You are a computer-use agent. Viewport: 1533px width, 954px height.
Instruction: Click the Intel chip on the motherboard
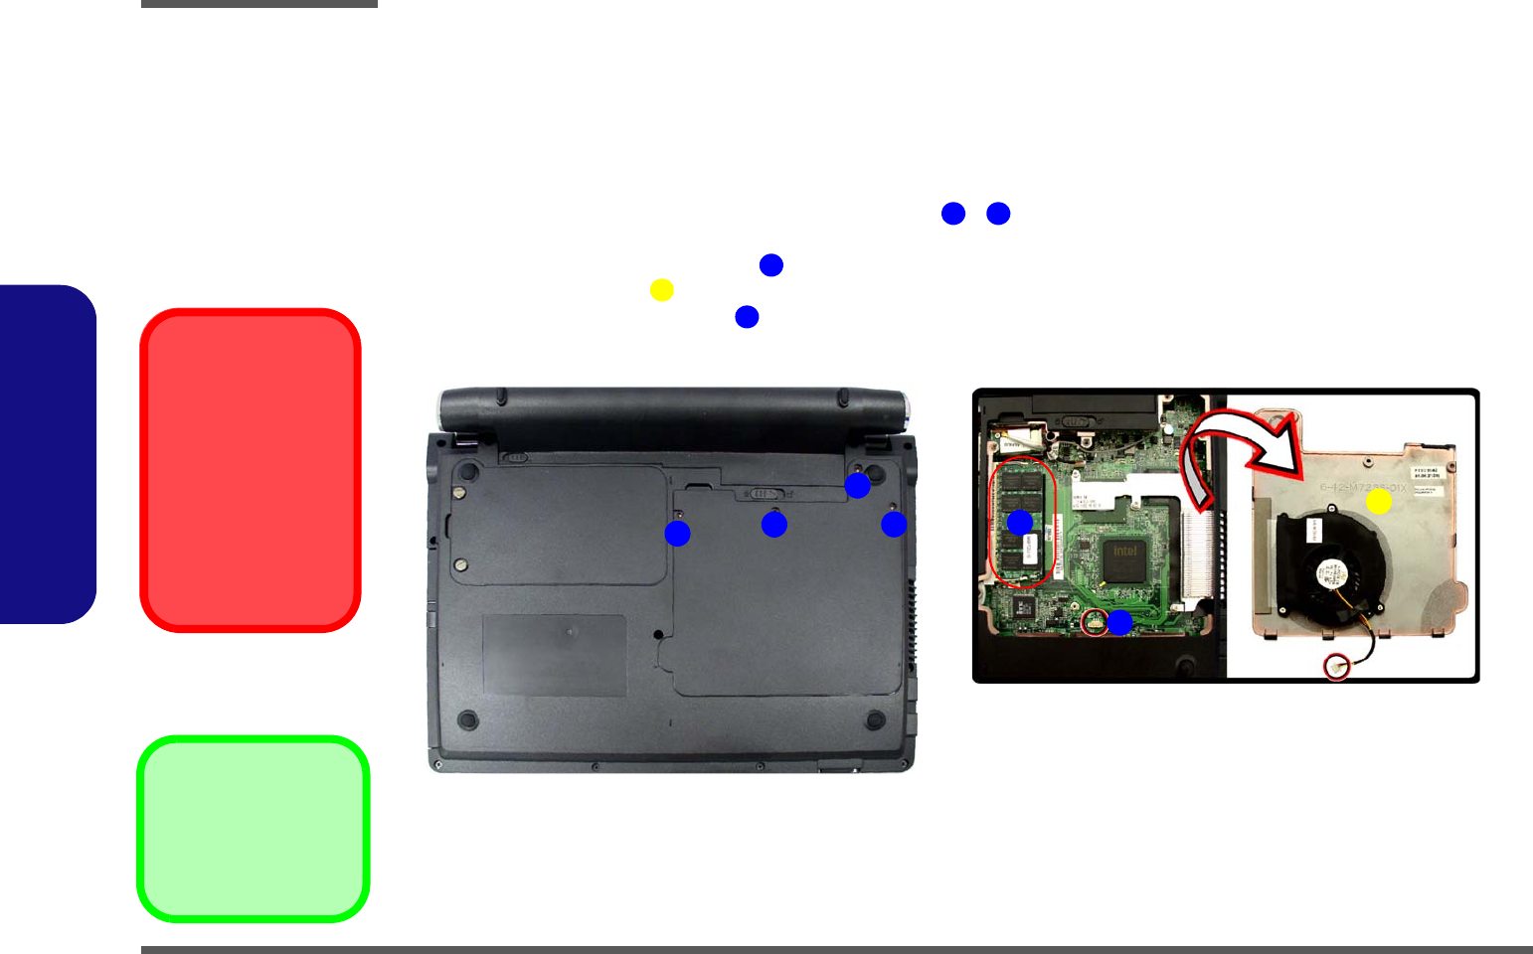[x=1124, y=560]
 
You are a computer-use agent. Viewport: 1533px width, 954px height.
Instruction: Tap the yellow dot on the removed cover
[x=1378, y=502]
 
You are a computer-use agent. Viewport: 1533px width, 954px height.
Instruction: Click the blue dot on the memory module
[x=1020, y=523]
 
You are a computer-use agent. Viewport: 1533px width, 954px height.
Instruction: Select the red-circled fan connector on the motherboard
[x=1094, y=623]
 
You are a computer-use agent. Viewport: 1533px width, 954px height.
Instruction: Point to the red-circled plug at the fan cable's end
[x=1336, y=666]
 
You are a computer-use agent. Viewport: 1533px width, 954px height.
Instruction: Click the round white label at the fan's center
[x=1332, y=575]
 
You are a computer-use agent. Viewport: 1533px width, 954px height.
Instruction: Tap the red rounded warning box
[x=251, y=470]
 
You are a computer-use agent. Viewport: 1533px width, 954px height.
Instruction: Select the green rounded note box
[x=254, y=829]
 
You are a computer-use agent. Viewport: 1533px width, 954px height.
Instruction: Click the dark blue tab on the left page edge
[x=48, y=454]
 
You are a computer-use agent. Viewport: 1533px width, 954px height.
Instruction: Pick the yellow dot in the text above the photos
[x=662, y=290]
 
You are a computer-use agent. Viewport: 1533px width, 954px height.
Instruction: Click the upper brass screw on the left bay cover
[x=458, y=490]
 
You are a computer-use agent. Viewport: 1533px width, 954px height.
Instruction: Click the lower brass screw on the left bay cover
[x=460, y=564]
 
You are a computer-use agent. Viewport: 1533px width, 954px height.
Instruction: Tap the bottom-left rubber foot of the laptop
[x=466, y=718]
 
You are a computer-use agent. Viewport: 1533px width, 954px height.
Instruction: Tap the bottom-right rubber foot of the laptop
[x=875, y=718]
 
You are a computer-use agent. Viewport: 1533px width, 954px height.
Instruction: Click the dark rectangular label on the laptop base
[x=555, y=655]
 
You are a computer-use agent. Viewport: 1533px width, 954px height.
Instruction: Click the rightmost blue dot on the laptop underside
[x=894, y=524]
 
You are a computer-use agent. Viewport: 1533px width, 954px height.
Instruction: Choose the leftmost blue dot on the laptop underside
[x=677, y=534]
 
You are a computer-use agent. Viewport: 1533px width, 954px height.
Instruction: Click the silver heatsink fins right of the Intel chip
[x=1198, y=556]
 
